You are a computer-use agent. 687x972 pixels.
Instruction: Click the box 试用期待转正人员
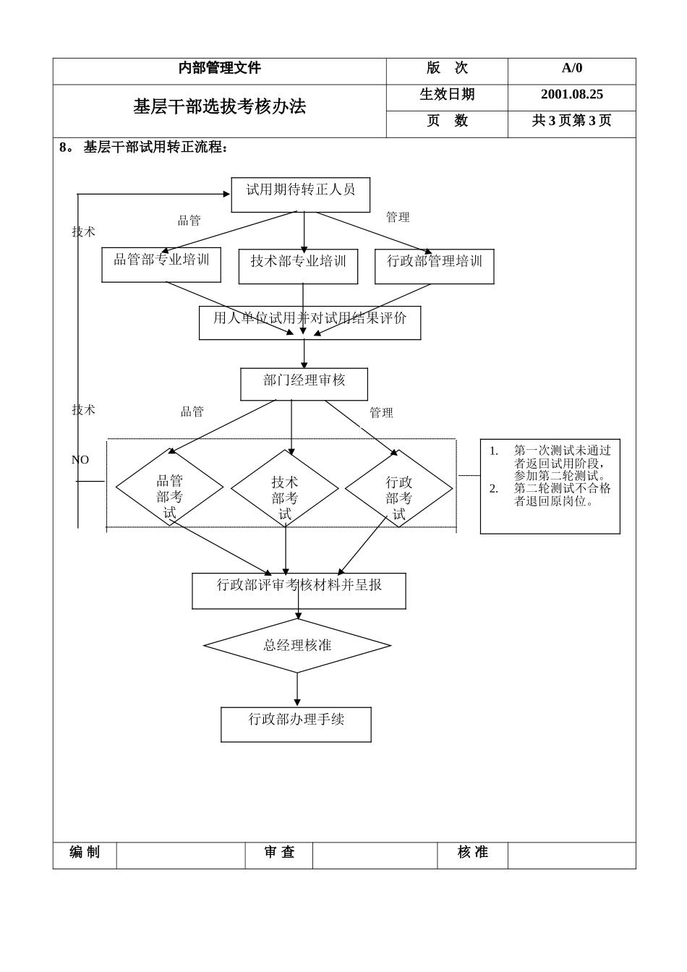tap(300, 195)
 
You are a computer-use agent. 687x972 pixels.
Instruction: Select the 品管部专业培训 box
tap(161, 265)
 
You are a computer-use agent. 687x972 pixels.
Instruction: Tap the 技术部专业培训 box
tap(298, 266)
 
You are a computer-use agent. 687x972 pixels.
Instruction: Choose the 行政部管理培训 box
tap(434, 266)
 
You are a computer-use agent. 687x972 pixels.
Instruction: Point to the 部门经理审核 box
tap(304, 384)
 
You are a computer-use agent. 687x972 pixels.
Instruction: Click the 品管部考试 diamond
tap(169, 488)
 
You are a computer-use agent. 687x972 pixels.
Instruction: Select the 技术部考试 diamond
tap(285, 489)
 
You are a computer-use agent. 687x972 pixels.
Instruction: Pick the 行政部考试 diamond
tap(398, 489)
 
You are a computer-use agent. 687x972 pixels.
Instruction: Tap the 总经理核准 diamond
tap(297, 645)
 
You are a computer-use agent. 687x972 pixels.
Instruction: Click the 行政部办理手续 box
tap(296, 724)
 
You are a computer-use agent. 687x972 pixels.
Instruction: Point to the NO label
tap(80, 460)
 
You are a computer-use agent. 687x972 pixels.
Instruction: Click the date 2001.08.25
tap(571, 95)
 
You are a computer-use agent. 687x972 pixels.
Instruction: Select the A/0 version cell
tap(571, 69)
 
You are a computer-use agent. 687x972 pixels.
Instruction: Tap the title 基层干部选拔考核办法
tap(219, 107)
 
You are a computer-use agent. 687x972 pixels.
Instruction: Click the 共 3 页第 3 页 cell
tap(571, 121)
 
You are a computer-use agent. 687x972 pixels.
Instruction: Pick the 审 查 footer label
tap(279, 853)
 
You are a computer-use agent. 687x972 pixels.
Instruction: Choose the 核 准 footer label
tap(472, 853)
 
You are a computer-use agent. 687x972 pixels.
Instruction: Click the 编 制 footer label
tap(85, 853)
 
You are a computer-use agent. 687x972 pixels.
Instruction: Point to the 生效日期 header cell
tap(447, 95)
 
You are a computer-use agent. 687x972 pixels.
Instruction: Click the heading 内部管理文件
tap(219, 68)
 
